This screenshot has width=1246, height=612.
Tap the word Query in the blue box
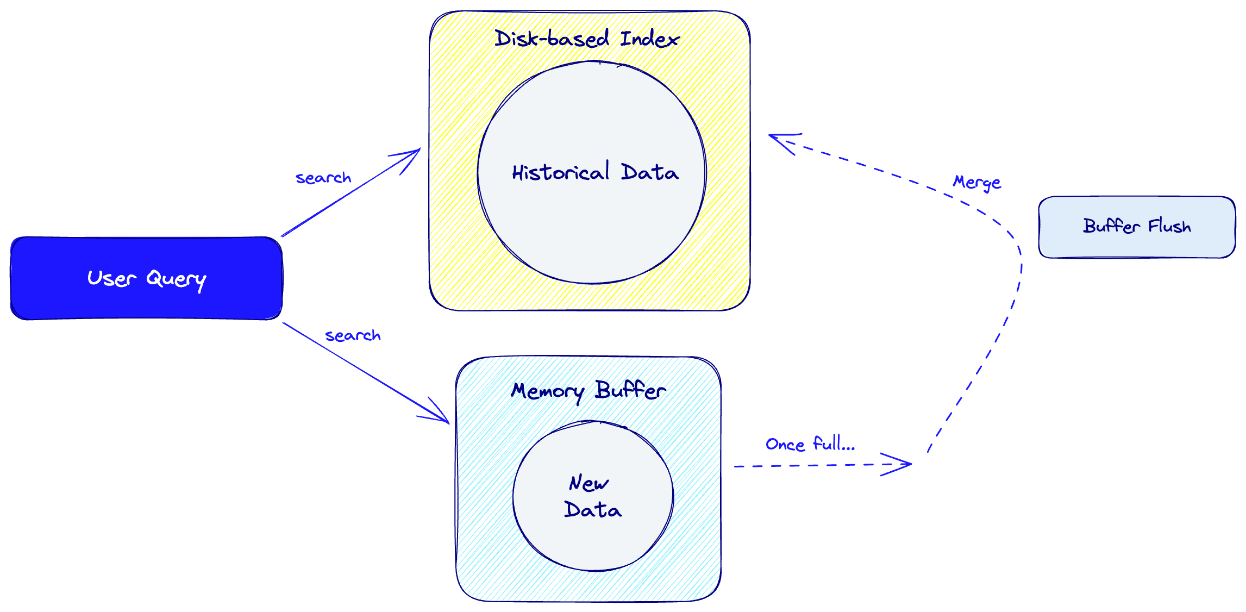coord(176,279)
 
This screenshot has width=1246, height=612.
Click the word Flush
coord(1169,226)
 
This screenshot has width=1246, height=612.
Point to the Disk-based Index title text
coord(587,39)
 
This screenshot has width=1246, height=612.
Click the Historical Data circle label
coord(595,172)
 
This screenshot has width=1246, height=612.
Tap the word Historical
coord(560,172)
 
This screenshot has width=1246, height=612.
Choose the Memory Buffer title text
coord(588,391)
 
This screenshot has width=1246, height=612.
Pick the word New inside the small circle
coord(588,483)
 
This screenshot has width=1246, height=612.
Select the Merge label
coord(977,182)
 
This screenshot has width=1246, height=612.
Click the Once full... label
coord(810,444)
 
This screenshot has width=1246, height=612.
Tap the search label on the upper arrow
coord(323,178)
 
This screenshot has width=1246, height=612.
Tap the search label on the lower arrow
coord(353,335)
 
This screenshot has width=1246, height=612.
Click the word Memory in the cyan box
coord(547,391)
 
